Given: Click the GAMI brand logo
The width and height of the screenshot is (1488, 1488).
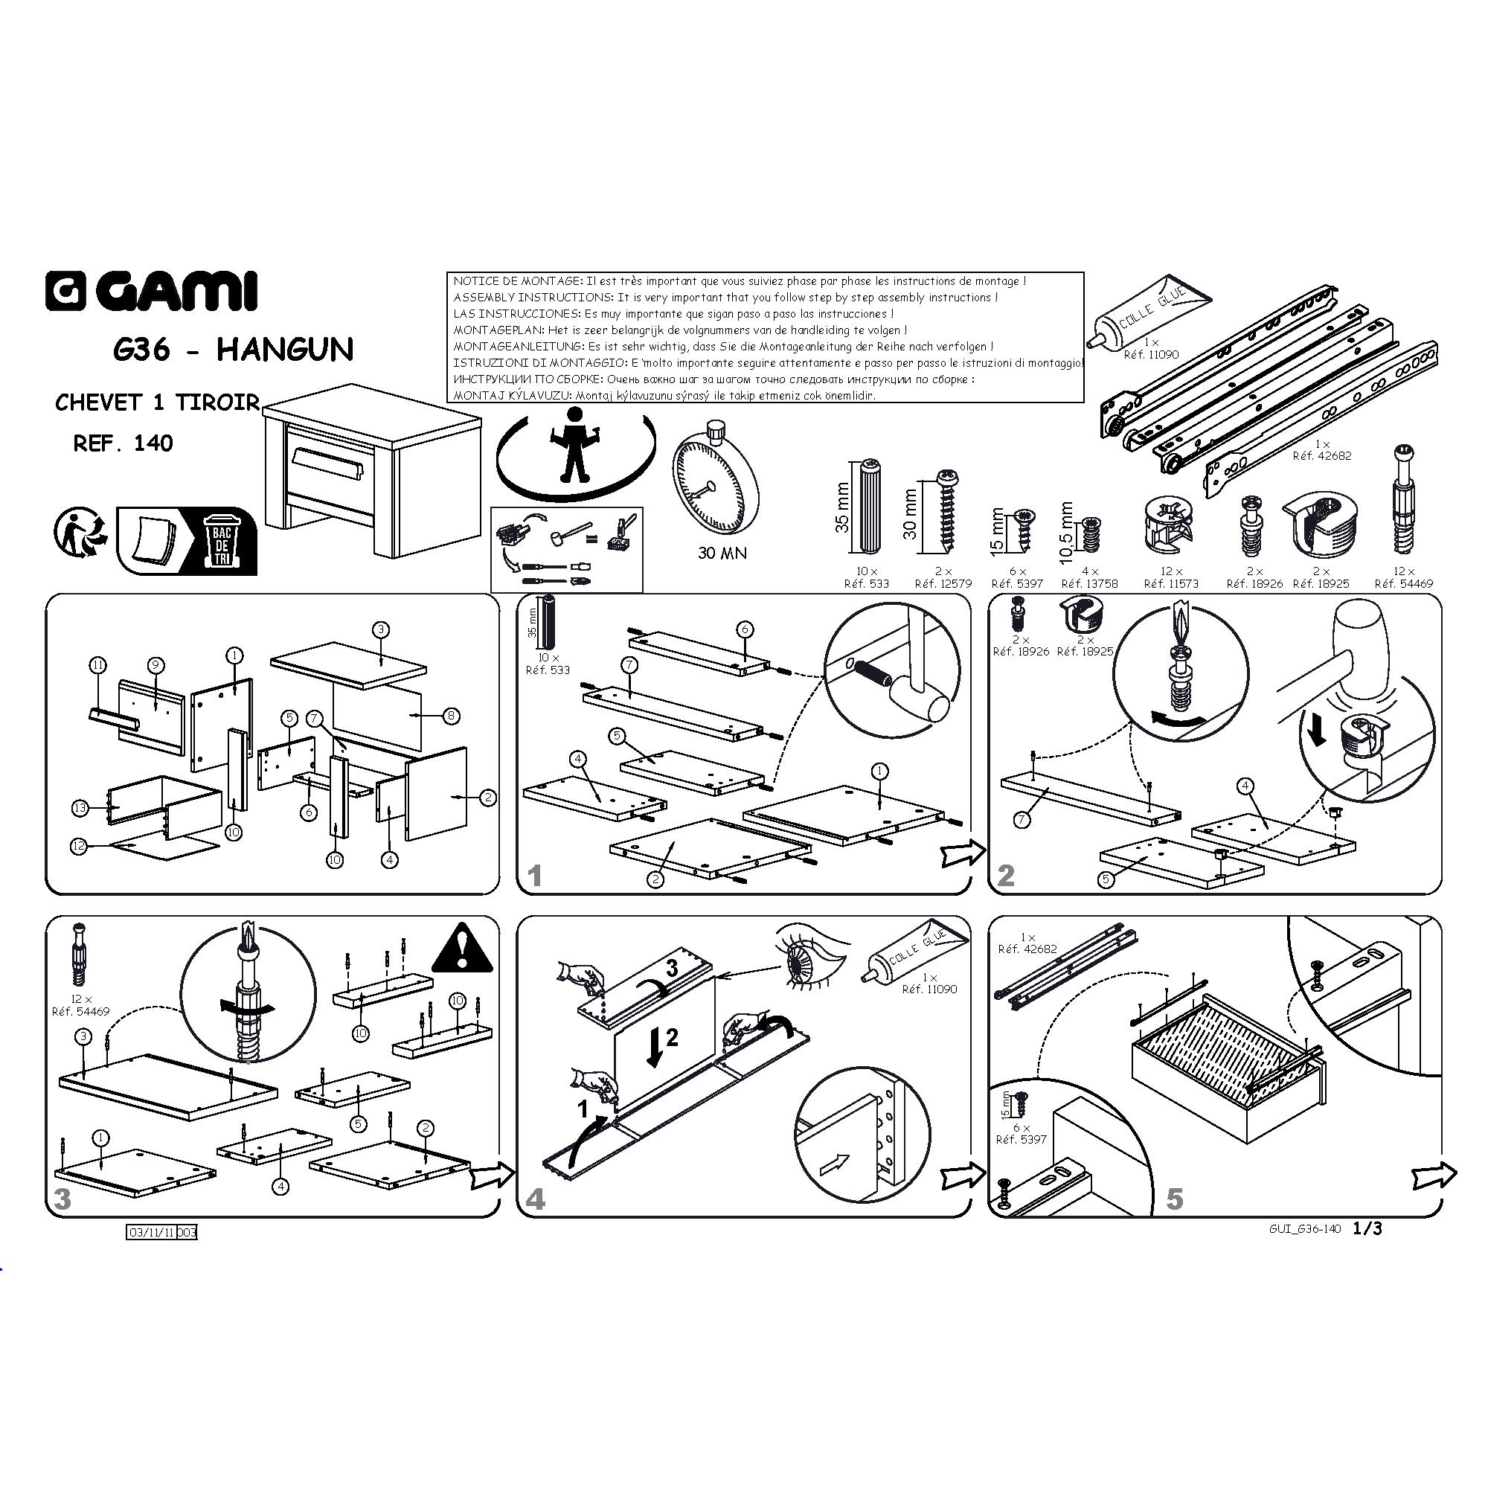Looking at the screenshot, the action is pyautogui.click(x=150, y=291).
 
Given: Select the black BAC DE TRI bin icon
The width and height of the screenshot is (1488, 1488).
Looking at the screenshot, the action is pyautogui.click(x=222, y=541).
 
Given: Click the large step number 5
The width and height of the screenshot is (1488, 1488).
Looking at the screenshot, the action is pyautogui.click(x=1175, y=1199).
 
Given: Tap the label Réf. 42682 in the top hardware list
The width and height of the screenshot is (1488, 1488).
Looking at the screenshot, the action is pyautogui.click(x=1321, y=456).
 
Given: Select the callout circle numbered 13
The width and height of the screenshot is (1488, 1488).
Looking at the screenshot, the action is pyautogui.click(x=80, y=808).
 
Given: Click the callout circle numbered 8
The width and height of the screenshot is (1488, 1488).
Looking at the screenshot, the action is pyautogui.click(x=452, y=716).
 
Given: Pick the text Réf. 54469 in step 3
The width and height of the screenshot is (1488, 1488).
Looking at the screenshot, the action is pyautogui.click(x=81, y=1011).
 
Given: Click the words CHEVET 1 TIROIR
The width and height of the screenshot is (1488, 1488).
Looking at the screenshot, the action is pyautogui.click(x=157, y=403).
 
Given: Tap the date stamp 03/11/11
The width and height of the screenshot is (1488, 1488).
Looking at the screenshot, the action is pyautogui.click(x=152, y=1232).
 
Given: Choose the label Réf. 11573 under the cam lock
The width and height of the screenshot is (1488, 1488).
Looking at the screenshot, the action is pyautogui.click(x=1172, y=584).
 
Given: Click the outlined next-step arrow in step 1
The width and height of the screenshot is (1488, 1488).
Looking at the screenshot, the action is pyautogui.click(x=963, y=852).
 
